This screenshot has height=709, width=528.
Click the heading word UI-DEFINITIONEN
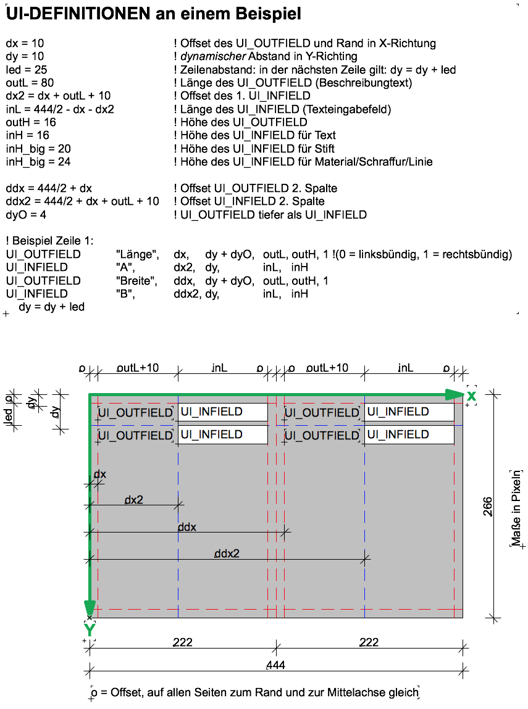[x=78, y=14]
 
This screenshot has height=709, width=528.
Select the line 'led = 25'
[x=26, y=70]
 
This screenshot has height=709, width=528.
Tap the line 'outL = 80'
[x=30, y=83]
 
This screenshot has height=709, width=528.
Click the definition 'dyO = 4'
[x=26, y=214]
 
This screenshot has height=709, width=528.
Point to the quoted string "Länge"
[x=138, y=255]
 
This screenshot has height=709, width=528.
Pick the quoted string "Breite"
[x=136, y=281]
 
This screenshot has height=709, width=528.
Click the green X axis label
[x=471, y=396]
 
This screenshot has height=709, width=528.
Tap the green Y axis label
[x=90, y=629]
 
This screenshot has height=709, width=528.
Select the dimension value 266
[x=487, y=507]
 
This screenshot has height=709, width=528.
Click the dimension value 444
[x=275, y=665]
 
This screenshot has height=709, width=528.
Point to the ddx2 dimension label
[x=227, y=554]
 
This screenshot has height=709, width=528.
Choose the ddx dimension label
[x=187, y=527]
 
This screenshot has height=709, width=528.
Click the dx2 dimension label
[x=133, y=500]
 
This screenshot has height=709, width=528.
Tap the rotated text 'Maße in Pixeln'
[x=516, y=508]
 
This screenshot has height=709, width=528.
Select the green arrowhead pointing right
[x=455, y=395]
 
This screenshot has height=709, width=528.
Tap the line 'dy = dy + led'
[x=52, y=307]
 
